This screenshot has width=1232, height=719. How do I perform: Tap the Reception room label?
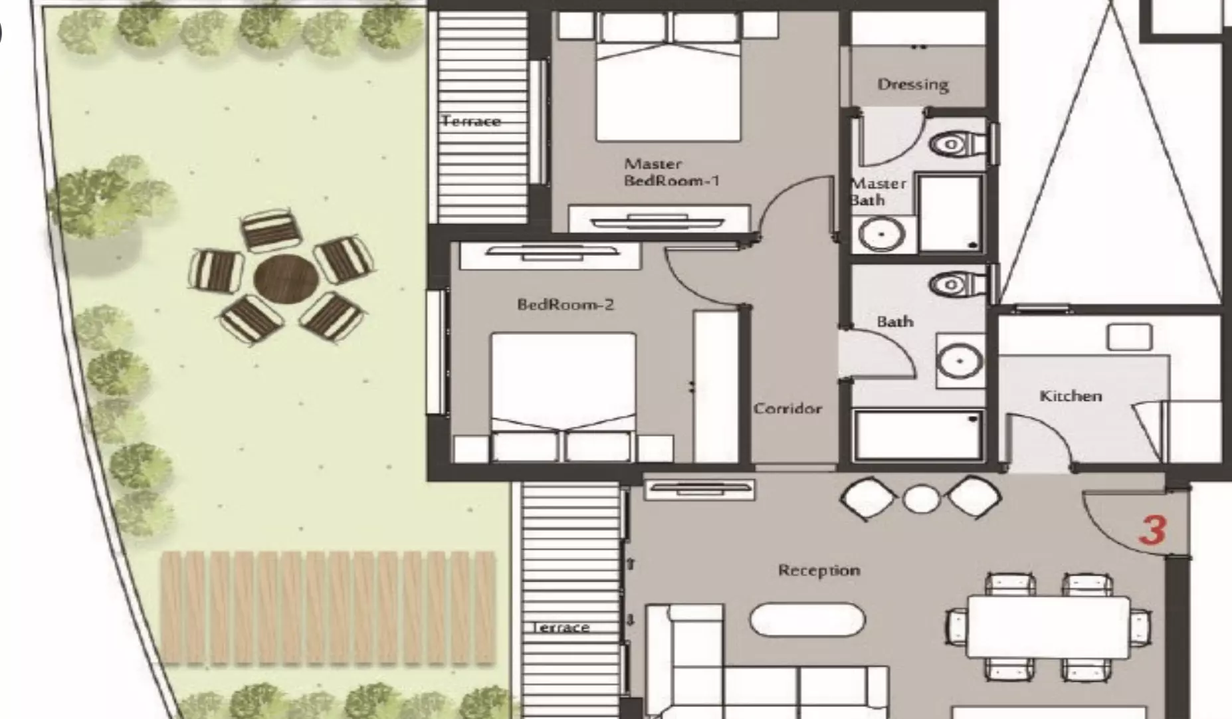pyautogui.click(x=819, y=570)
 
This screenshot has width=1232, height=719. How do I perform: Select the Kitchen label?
pyautogui.click(x=1071, y=395)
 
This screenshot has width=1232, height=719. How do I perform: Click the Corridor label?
pyautogui.click(x=787, y=408)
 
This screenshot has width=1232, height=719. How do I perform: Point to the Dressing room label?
pyautogui.click(x=913, y=84)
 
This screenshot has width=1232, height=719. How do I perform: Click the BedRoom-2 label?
pyautogui.click(x=565, y=304)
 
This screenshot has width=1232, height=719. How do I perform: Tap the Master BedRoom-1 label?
pyautogui.click(x=671, y=171)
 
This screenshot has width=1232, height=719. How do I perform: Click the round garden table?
pyautogui.click(x=286, y=279)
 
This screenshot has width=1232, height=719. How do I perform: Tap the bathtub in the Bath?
pyautogui.click(x=918, y=435)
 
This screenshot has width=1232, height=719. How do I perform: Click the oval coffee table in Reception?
pyautogui.click(x=807, y=619)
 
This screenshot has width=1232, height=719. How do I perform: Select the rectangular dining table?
pyautogui.click(x=1048, y=626)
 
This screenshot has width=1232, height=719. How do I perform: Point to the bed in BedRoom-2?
pyautogui.click(x=563, y=397)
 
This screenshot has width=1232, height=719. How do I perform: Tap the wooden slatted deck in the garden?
pyautogui.click(x=328, y=607)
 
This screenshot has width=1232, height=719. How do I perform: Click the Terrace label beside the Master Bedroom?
pyautogui.click(x=471, y=121)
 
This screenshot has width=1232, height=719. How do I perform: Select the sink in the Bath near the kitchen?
pyautogui.click(x=960, y=361)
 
